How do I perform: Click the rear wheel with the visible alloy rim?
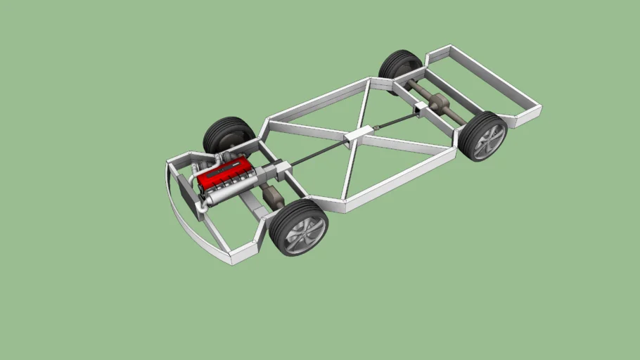click(482, 136)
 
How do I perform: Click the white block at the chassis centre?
click(359, 135)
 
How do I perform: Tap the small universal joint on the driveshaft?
click(377, 127)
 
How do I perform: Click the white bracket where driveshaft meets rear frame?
click(420, 107)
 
